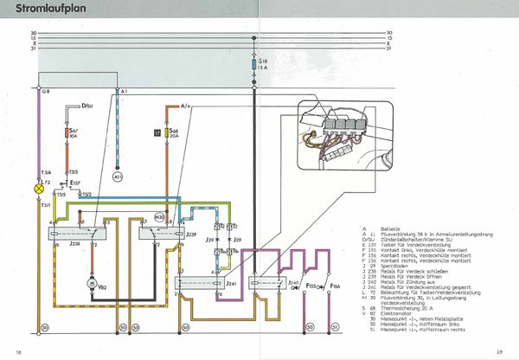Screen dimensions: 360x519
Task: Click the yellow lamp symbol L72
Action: click(37, 187)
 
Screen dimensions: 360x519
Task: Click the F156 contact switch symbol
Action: click(336, 285)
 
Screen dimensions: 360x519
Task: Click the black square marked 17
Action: click(157, 133)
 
